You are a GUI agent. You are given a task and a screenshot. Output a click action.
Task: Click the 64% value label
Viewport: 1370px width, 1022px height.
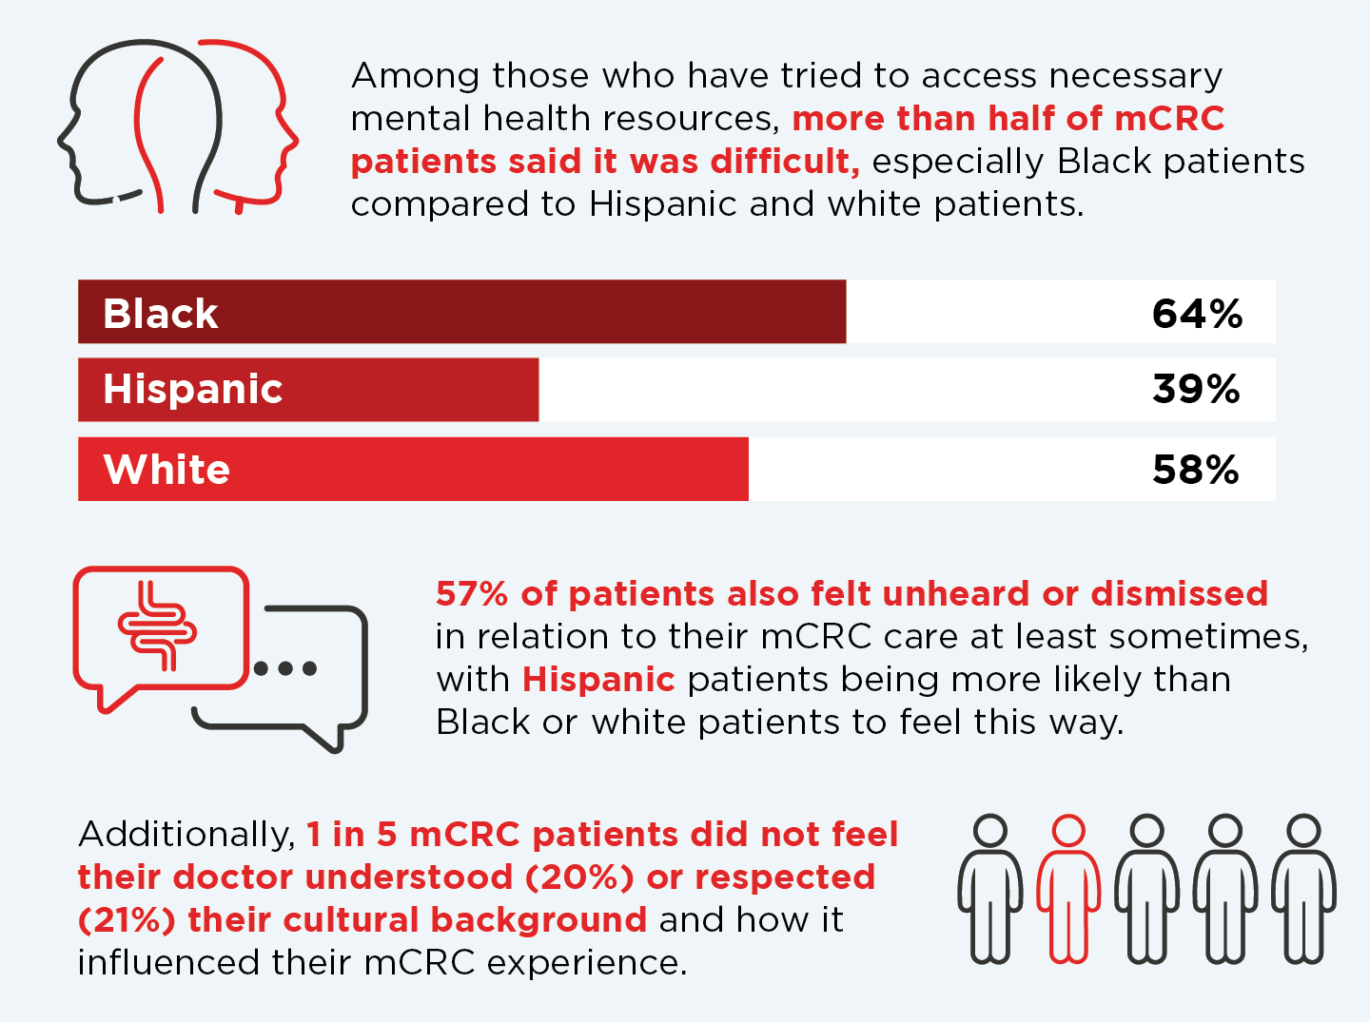1197,314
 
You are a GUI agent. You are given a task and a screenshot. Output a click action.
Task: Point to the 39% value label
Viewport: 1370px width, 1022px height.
1196,390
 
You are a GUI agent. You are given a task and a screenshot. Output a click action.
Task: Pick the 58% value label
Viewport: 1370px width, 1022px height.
1196,470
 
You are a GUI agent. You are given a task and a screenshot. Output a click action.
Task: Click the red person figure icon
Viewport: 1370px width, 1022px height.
1068,889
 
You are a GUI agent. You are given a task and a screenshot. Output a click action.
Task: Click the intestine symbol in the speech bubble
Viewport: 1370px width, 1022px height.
157,626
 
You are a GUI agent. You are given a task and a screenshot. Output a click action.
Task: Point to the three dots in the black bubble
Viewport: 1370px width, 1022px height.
285,668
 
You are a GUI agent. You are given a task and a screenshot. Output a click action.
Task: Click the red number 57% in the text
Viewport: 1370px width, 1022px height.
472,593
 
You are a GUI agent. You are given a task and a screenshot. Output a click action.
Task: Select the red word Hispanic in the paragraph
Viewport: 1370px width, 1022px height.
598,679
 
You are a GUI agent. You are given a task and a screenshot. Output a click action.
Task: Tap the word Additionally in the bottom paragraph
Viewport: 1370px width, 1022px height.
186,834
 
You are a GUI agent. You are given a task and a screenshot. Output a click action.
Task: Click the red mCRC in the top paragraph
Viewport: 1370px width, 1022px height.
1169,118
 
